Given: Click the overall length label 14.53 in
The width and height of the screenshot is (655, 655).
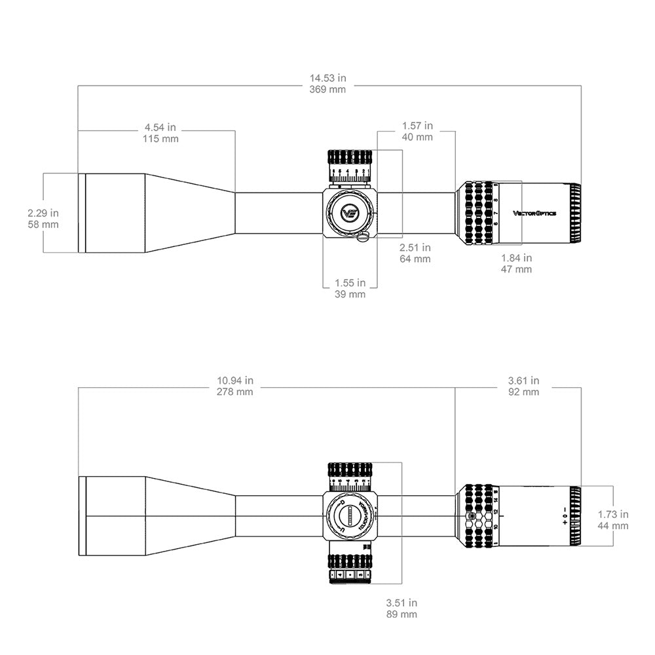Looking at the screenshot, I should (327, 78).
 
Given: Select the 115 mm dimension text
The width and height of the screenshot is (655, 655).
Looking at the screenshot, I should (160, 139).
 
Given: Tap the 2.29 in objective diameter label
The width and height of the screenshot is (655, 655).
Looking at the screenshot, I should (43, 213).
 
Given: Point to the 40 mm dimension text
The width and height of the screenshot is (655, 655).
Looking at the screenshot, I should (417, 137).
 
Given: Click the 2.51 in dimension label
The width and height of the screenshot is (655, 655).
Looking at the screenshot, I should (415, 247).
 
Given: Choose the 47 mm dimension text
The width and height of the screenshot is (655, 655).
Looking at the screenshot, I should (516, 269).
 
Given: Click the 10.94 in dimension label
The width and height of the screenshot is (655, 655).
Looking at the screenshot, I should (235, 380).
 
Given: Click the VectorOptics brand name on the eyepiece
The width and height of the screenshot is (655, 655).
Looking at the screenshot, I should (534, 213).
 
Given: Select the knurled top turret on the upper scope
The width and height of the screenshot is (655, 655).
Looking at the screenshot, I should (350, 158).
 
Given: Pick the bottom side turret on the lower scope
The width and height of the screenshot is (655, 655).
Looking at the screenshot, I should (350, 567).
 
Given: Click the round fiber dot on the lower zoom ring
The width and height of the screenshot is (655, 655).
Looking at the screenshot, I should (471, 516).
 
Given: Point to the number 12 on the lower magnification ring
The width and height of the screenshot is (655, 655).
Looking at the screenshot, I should (496, 511).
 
